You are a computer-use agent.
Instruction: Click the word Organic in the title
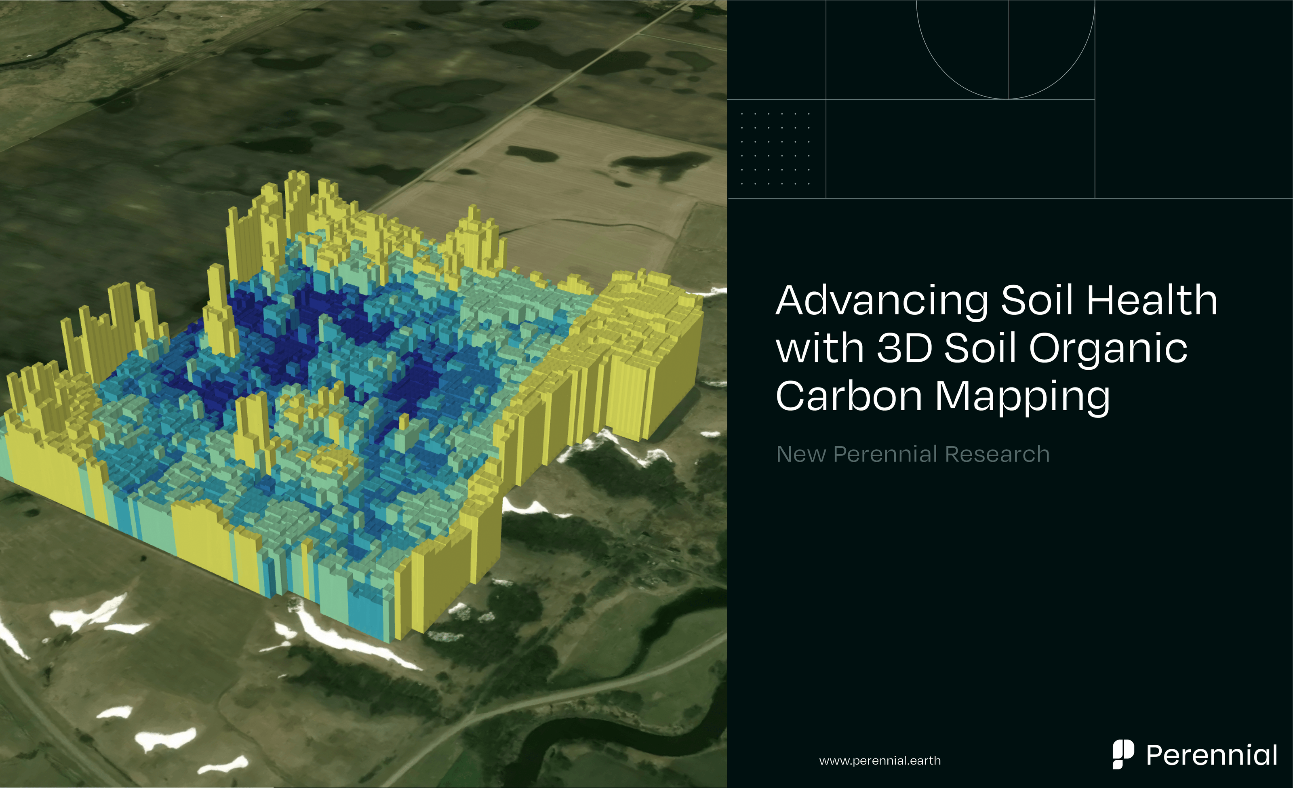[1108, 349]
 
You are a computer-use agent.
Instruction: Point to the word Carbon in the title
[849, 396]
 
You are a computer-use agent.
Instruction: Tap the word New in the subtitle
[801, 454]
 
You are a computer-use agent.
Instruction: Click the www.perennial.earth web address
[880, 761]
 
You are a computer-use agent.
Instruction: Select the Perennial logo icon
[1122, 754]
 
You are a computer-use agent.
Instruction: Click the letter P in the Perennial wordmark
[1156, 756]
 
